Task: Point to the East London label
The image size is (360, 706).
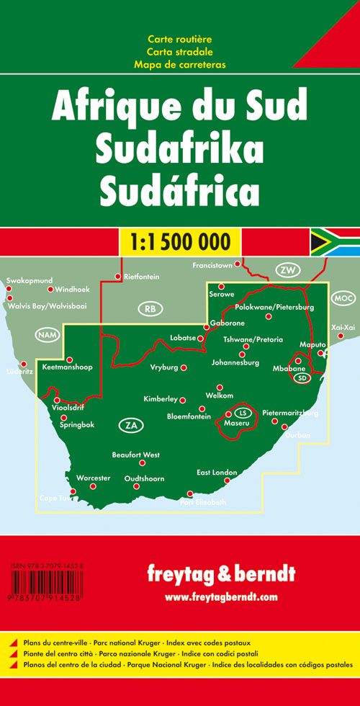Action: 217,473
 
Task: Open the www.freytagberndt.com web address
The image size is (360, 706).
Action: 221,597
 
